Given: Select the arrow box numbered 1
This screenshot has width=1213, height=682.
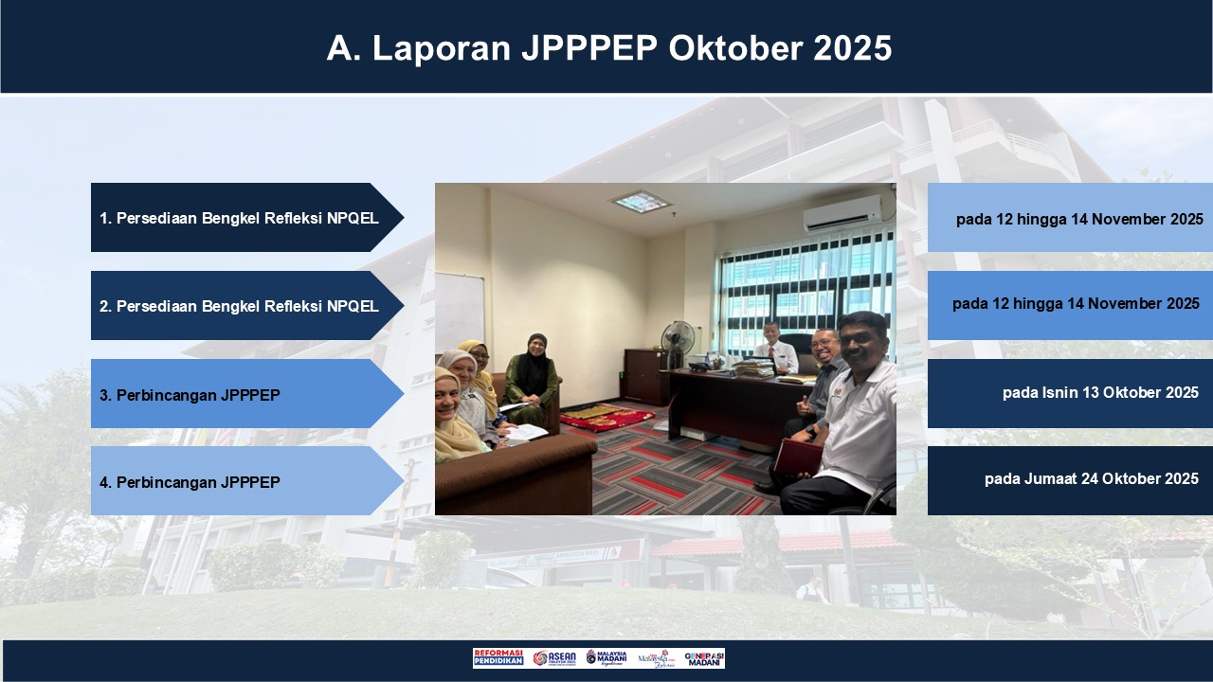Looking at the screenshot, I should coord(242,218).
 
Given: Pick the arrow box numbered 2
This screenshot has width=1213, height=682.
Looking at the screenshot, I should coord(242,306).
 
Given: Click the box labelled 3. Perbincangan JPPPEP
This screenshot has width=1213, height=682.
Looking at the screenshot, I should coord(242,394).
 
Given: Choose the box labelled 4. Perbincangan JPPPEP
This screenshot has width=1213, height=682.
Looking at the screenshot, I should coord(242,481).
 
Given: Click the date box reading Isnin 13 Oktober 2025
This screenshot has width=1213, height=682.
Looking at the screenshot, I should coord(1070,393).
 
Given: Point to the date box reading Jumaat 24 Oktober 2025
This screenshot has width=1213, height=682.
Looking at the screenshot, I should coord(1070,480).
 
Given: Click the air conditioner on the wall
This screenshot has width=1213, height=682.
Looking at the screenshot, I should coord(842,215).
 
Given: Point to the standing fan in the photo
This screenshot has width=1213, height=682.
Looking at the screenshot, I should coord(678,341).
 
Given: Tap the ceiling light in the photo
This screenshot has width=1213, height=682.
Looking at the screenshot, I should coord(641,201).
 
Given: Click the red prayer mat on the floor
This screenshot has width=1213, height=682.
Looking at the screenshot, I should coord(606,417).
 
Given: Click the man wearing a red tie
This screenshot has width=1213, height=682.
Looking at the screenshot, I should coord(775,347).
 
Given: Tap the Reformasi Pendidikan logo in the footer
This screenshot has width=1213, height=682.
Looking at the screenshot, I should coord(498,658).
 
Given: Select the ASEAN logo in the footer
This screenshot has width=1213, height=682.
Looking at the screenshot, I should coord(554,658).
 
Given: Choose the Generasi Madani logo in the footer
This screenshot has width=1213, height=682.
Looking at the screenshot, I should coord(704,658).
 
